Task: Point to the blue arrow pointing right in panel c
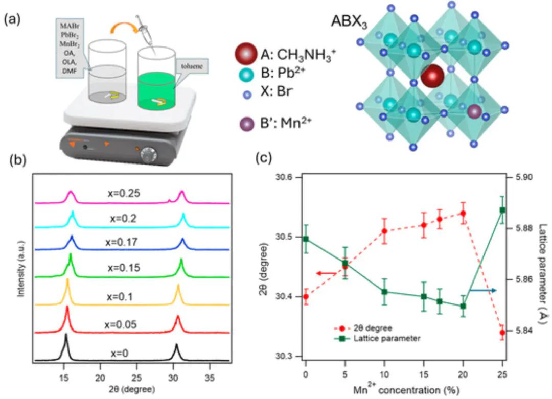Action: coord(482,290)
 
